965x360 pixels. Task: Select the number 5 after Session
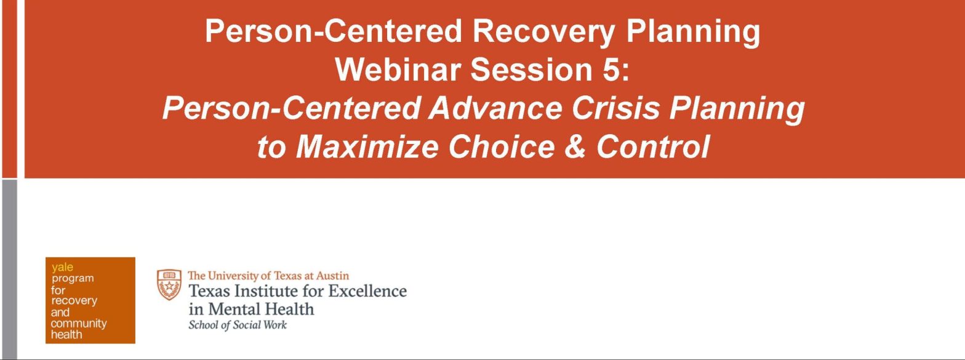click(611, 69)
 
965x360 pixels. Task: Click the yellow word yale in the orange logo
click(62, 267)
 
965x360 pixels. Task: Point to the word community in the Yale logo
click(79, 323)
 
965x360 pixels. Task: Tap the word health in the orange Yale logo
click(66, 335)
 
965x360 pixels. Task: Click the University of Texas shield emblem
click(169, 284)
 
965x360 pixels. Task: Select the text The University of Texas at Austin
click(268, 276)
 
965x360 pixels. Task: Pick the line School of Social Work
click(238, 325)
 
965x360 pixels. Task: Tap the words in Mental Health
click(251, 308)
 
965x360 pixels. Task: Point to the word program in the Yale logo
click(73, 278)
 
